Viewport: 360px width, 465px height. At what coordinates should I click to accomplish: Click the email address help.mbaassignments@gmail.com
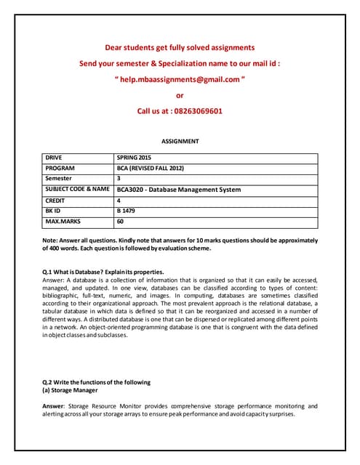(x=180, y=79)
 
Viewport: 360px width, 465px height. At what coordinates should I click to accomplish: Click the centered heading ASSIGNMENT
(x=179, y=142)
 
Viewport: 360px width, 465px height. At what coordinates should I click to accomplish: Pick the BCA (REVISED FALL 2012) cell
(x=151, y=168)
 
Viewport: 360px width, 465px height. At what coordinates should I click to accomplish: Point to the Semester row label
(x=59, y=178)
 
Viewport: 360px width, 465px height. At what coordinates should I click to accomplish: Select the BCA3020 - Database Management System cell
(x=178, y=190)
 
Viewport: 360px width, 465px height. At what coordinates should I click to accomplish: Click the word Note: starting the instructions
(x=52, y=240)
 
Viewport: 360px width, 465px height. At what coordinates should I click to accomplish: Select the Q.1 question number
(x=49, y=272)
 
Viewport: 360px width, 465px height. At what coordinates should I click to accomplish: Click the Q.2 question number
(x=49, y=382)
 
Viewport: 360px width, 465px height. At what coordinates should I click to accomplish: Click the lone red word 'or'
(x=180, y=95)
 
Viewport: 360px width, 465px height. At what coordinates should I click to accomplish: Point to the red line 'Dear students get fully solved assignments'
(x=180, y=47)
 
